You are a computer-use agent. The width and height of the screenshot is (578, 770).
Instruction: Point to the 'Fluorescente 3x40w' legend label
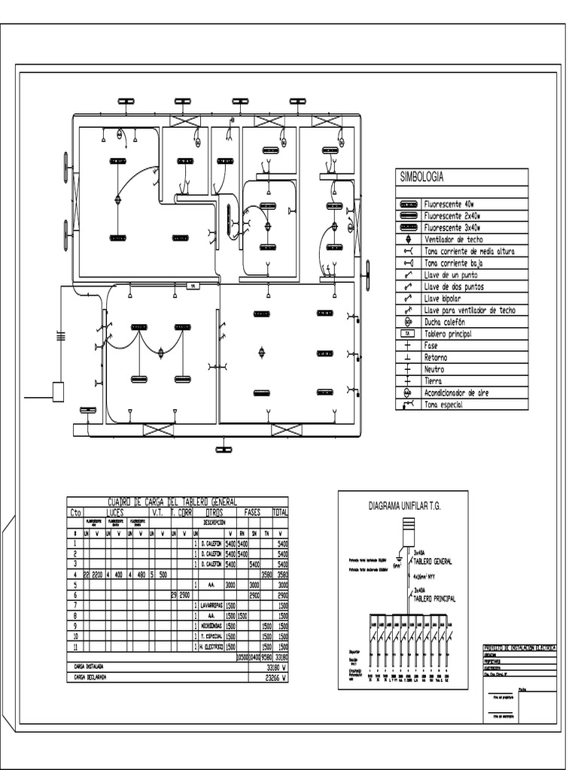(452, 227)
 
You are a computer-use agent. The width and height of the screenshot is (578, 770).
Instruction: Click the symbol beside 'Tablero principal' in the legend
(408, 333)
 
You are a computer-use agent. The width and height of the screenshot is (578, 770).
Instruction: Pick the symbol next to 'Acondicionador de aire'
(408, 393)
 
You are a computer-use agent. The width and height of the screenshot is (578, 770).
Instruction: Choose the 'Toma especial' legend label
(444, 405)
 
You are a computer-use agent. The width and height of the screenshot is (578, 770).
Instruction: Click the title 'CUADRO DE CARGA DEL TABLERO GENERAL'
(173, 502)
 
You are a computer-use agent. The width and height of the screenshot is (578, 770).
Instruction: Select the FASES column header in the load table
(252, 511)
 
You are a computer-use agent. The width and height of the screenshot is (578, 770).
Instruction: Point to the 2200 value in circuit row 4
(98, 574)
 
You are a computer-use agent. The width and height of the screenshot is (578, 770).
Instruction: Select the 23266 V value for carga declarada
(278, 677)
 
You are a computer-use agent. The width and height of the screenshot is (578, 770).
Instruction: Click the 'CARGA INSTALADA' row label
(89, 666)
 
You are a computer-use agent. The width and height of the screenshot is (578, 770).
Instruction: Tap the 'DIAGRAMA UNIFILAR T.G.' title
(403, 506)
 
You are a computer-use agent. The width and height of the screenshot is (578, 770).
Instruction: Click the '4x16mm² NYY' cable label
(429, 577)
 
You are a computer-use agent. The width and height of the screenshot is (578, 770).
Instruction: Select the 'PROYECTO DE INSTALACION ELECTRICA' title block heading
(519, 647)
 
